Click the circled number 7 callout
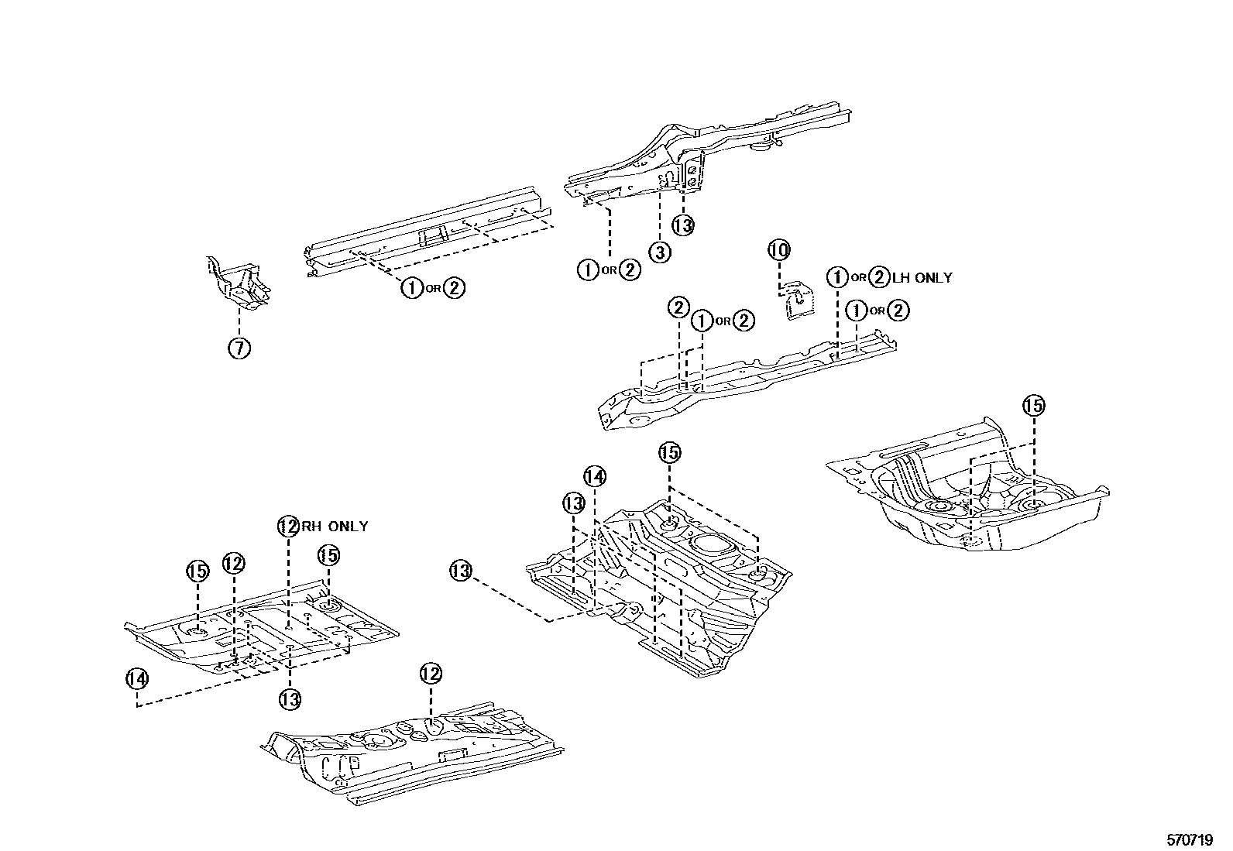pos(239,348)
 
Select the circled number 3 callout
pos(659,252)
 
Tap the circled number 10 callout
pos(779,250)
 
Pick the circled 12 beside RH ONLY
pos(288,527)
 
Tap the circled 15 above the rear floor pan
pos(1033,405)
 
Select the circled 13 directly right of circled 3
pos(682,225)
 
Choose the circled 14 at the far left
pos(136,678)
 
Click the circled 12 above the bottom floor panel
pos(431,673)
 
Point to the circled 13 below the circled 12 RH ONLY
pos(290,699)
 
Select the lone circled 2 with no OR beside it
pos(678,308)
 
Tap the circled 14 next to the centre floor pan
pos(595,476)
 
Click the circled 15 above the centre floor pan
pos(669,452)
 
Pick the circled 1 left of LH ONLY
pos(837,277)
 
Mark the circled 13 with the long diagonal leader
pos(461,571)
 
